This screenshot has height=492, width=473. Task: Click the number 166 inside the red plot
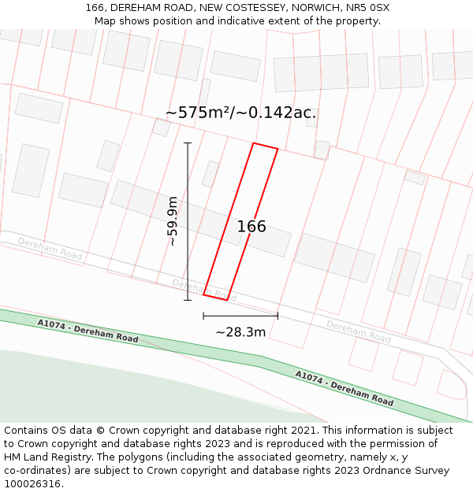click(251, 227)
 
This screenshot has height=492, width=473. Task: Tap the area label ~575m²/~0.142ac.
click(240, 113)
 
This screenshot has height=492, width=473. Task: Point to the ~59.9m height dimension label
click(173, 221)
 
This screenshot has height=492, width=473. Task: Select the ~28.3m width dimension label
click(240, 332)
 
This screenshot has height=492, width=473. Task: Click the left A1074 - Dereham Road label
click(88, 331)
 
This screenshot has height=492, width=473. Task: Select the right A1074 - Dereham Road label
click(345, 387)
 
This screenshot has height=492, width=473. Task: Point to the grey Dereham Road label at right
click(359, 331)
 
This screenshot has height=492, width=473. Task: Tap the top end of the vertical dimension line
click(188, 143)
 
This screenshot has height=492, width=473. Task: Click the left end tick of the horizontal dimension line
click(203, 316)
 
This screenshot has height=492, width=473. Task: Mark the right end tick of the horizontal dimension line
click(277, 316)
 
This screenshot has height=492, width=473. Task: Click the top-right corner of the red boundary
click(277, 148)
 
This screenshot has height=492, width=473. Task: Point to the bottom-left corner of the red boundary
click(203, 294)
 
